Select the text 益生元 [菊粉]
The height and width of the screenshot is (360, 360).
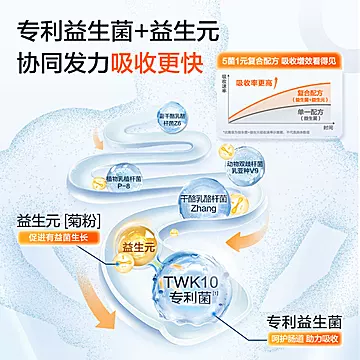(x=43, y=218)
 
